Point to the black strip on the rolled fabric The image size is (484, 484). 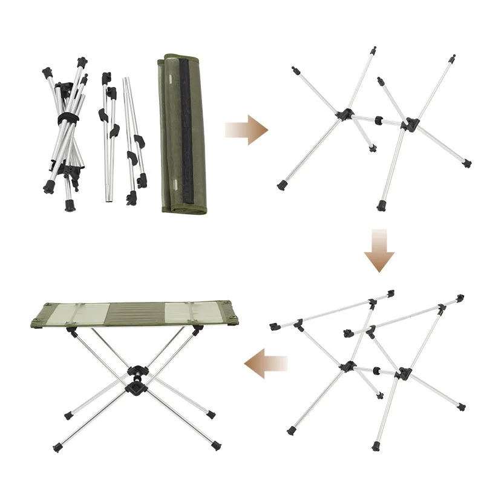pyautogui.click(x=186, y=133)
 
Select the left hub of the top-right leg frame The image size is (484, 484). pyautogui.click(x=345, y=113)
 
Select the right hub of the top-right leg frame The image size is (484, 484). pyautogui.click(x=411, y=124)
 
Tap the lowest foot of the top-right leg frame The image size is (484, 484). pyautogui.click(x=382, y=206)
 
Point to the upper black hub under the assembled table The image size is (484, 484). pyautogui.click(x=138, y=372)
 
